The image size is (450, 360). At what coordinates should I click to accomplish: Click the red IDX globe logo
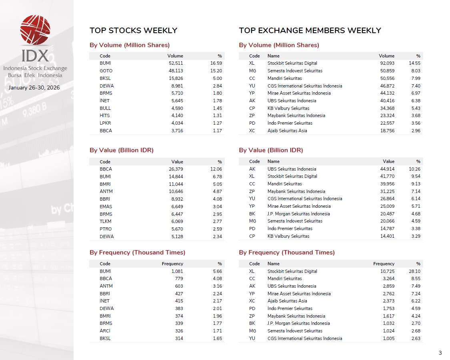click(35, 30)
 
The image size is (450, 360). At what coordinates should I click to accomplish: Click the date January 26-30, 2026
click(34, 87)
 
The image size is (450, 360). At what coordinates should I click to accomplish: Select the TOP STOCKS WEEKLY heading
click(133, 30)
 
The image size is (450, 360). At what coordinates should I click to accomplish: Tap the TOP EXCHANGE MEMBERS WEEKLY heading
click(310, 30)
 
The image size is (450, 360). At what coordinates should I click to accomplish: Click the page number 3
click(440, 353)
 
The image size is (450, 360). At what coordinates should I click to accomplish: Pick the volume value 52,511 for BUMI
click(175, 63)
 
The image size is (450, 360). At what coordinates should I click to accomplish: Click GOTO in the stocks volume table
click(106, 71)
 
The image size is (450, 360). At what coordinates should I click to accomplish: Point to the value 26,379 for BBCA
click(175, 169)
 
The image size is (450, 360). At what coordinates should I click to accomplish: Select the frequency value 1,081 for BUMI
click(177, 271)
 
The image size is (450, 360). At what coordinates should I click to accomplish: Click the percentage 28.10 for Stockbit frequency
click(414, 271)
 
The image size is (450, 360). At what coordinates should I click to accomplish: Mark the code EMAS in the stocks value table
click(106, 207)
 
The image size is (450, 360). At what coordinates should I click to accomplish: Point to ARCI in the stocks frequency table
click(105, 331)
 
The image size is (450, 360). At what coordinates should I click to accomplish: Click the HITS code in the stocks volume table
click(104, 115)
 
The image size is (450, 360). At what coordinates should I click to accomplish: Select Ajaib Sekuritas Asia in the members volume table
click(287, 131)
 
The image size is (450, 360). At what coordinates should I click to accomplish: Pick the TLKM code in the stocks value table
click(106, 221)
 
